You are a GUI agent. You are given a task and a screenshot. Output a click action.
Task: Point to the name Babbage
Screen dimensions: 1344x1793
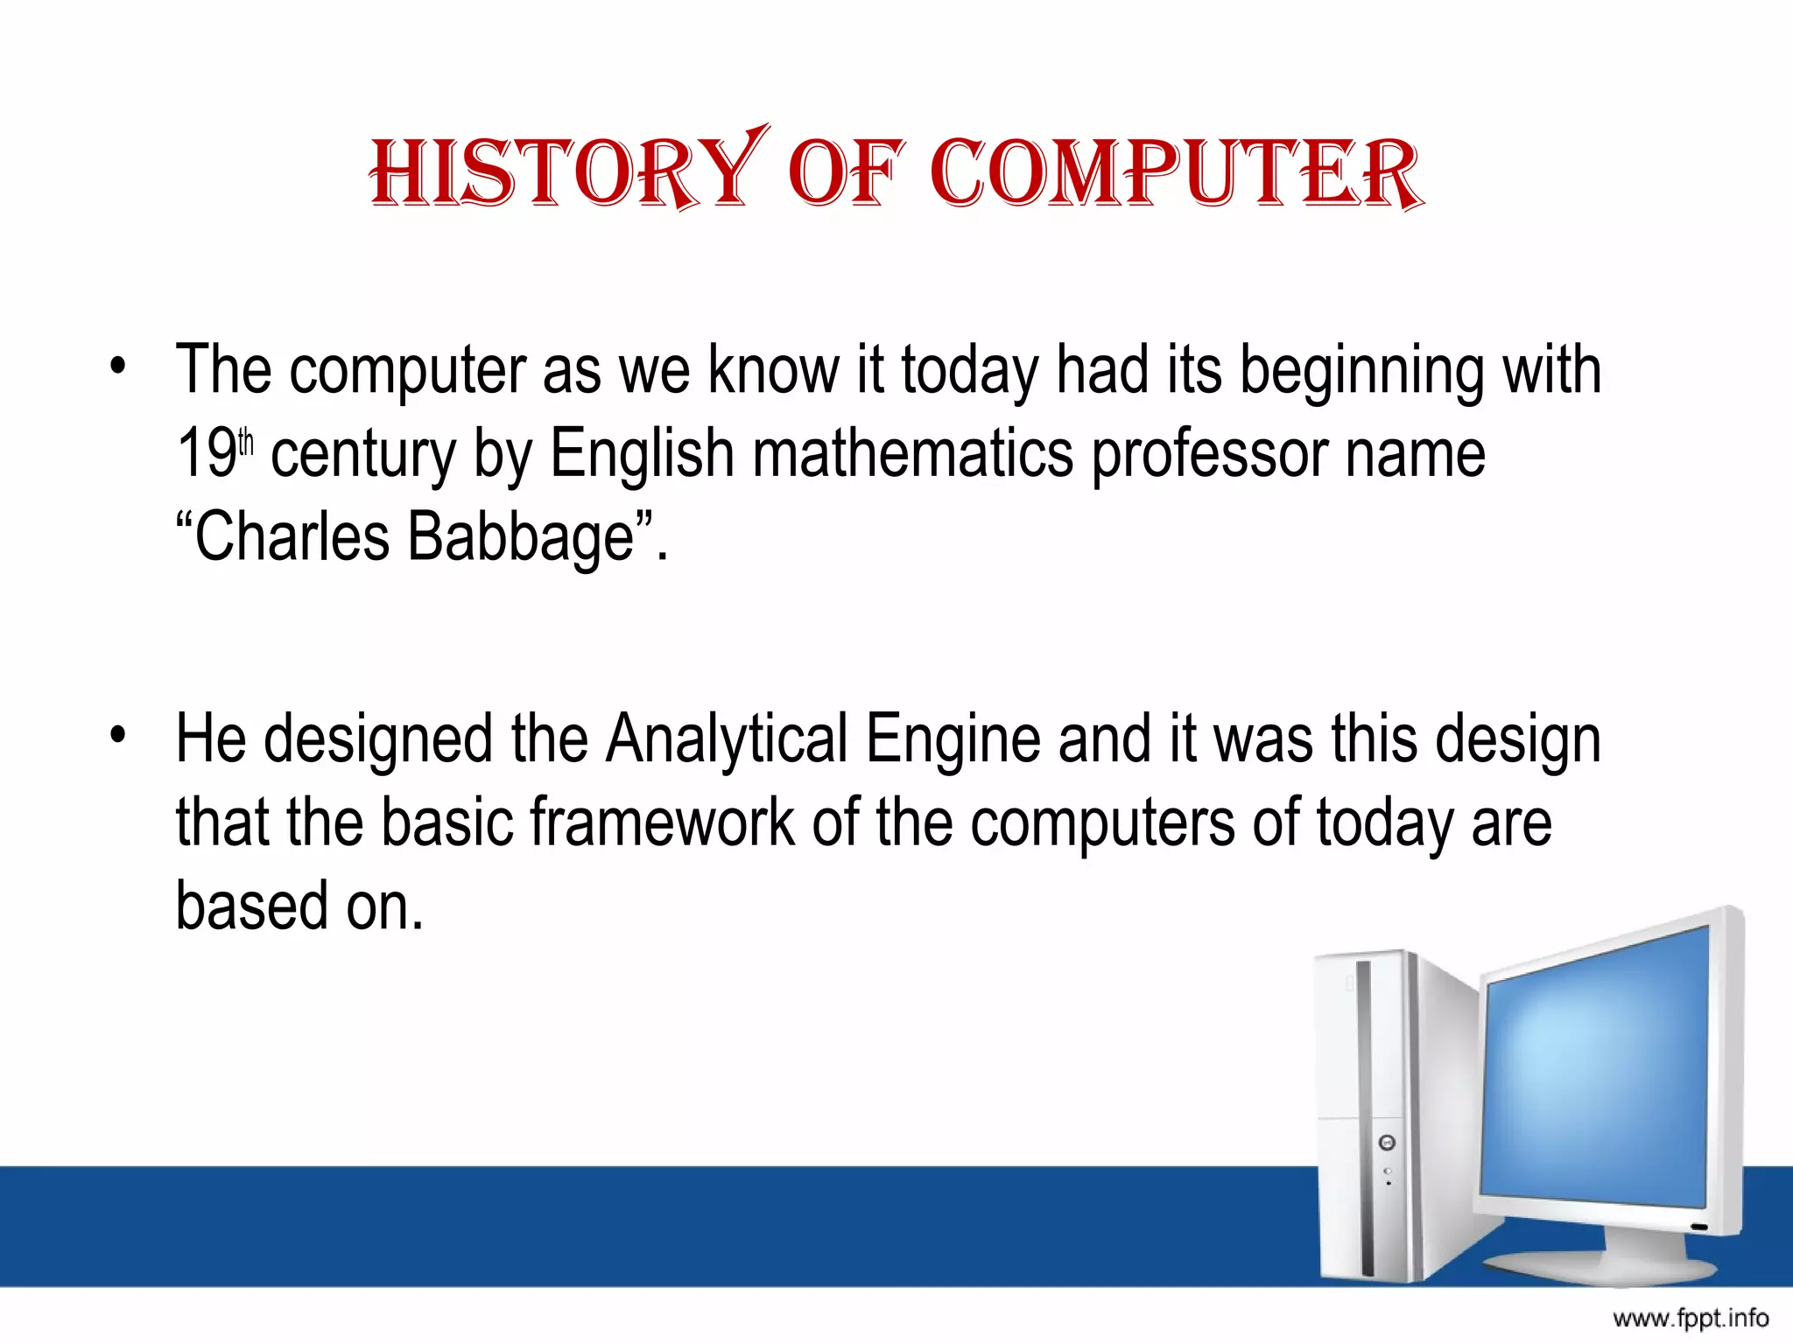522,538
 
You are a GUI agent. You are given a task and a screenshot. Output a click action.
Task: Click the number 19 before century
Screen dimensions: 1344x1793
207,453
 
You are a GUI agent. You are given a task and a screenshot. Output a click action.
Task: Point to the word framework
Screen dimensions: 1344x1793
662,822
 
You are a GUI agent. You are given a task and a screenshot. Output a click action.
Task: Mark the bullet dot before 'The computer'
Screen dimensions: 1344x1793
118,367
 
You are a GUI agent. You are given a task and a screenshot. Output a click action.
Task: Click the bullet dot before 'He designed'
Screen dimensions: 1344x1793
118,735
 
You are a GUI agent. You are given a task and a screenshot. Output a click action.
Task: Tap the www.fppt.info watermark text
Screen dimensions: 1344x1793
1690,1318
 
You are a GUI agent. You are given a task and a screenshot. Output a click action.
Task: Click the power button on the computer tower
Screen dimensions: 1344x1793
1387,1143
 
